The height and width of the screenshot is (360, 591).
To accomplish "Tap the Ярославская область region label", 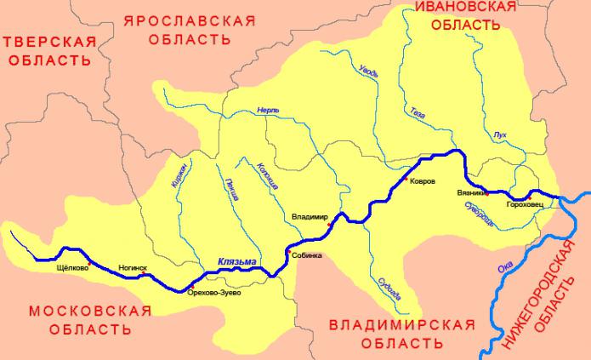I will (189, 29).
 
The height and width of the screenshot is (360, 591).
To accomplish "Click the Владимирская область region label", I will (401, 334).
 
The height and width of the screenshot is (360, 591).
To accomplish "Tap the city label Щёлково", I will (72, 266).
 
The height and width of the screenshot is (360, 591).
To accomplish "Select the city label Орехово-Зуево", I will (213, 293).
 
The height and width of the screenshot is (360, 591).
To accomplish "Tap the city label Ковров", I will (423, 182).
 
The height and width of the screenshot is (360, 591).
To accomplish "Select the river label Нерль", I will (268, 111).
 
